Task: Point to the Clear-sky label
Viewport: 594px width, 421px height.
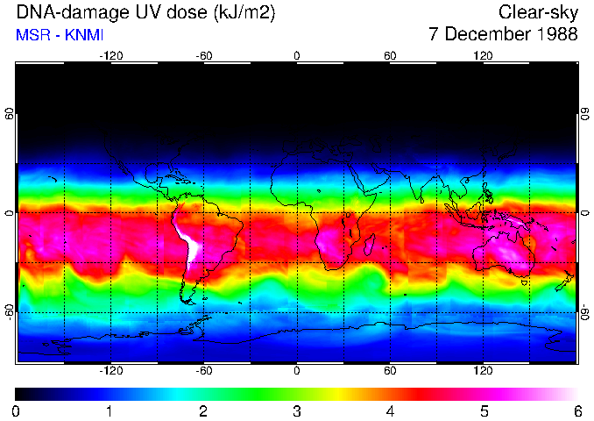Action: (x=538, y=12)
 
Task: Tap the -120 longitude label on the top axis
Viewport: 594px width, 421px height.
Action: (x=110, y=56)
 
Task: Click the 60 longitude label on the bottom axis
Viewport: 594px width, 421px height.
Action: (x=390, y=371)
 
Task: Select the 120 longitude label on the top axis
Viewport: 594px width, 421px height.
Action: (x=483, y=56)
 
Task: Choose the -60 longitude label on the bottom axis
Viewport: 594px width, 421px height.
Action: (x=203, y=371)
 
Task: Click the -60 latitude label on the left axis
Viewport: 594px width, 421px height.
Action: (x=10, y=312)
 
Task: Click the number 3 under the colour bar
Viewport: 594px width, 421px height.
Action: (x=296, y=410)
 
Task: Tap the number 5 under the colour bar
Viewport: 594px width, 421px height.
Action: (x=484, y=410)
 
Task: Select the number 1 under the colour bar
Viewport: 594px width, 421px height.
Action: (x=110, y=410)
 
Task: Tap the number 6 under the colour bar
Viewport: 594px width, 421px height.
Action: (x=576, y=410)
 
